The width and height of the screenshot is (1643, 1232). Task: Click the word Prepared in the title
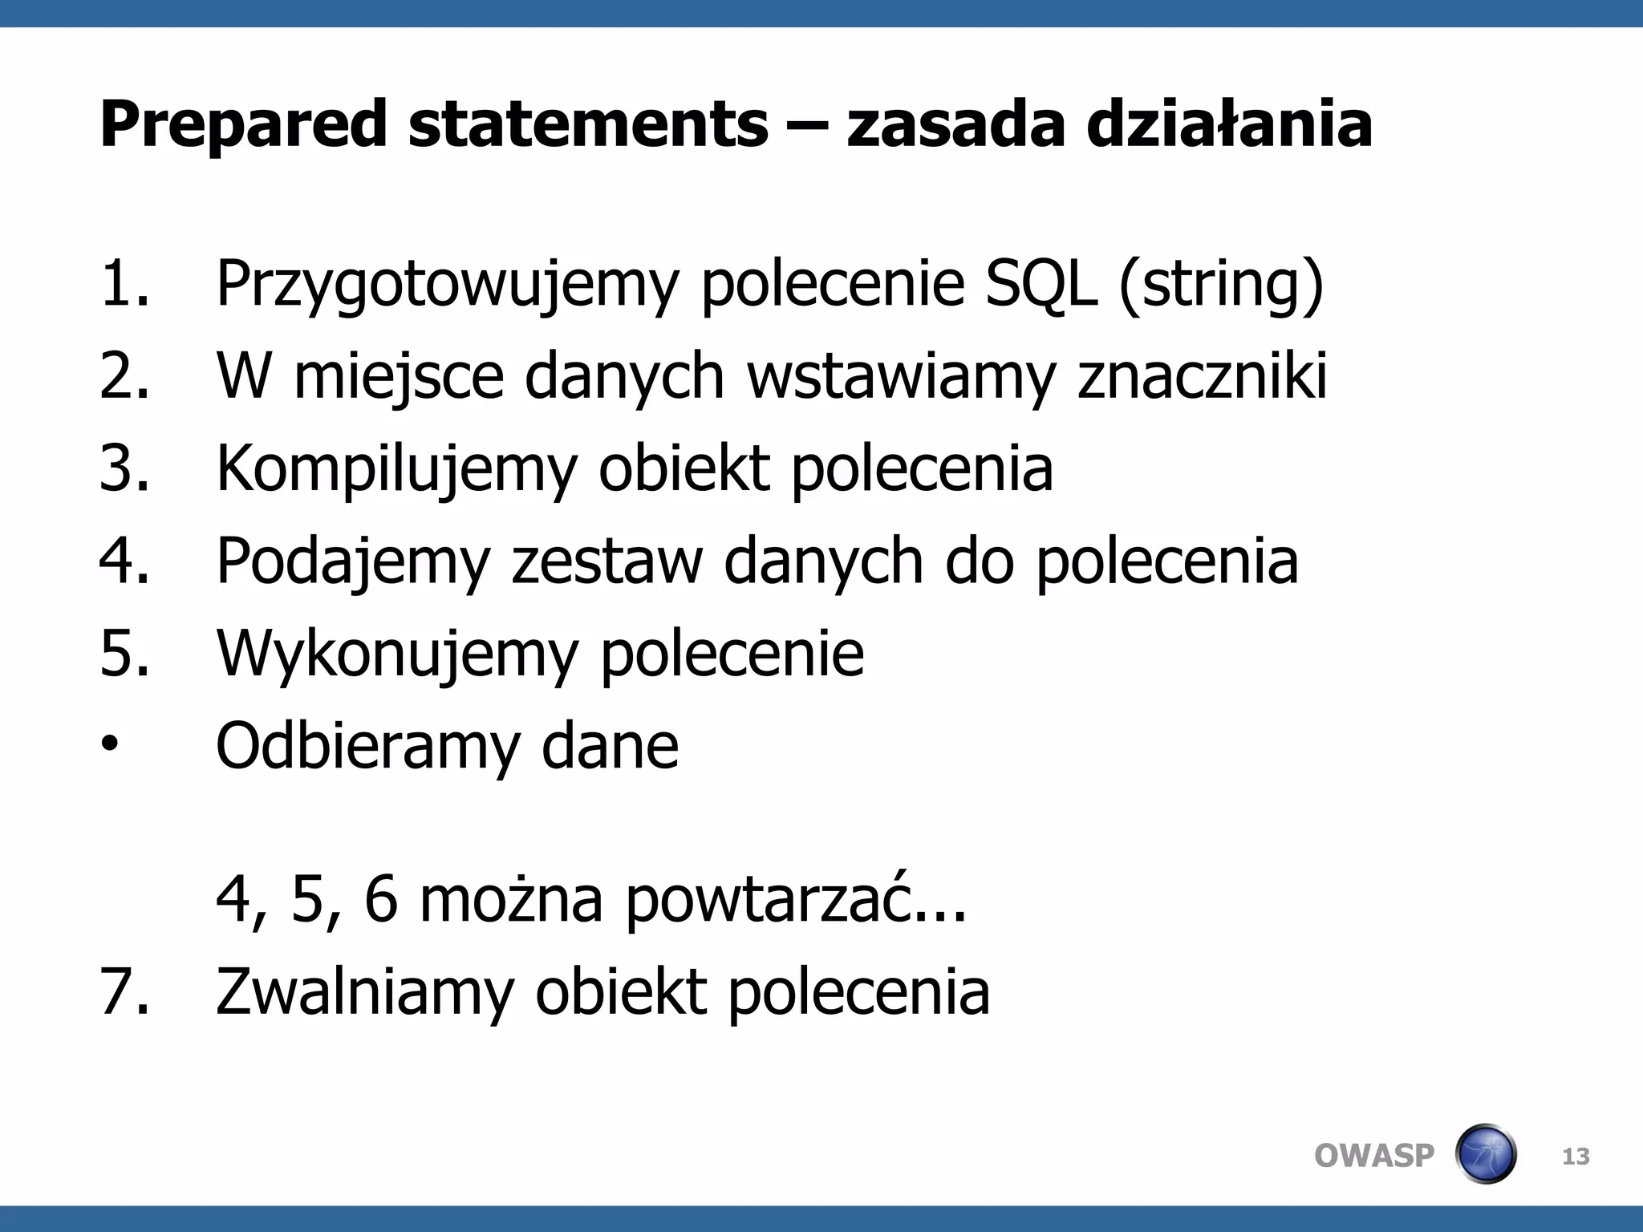(243, 125)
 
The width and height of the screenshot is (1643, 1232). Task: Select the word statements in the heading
(588, 125)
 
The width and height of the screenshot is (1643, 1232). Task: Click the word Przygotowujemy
(447, 285)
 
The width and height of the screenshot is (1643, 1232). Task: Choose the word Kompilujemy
(396, 468)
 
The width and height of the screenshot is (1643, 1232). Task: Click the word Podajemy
(353, 561)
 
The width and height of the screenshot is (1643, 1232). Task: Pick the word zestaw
(606, 561)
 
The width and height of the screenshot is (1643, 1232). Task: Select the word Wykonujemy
(396, 654)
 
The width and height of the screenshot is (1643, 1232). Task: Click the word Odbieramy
(368, 746)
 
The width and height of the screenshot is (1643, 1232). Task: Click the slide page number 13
(1576, 1157)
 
